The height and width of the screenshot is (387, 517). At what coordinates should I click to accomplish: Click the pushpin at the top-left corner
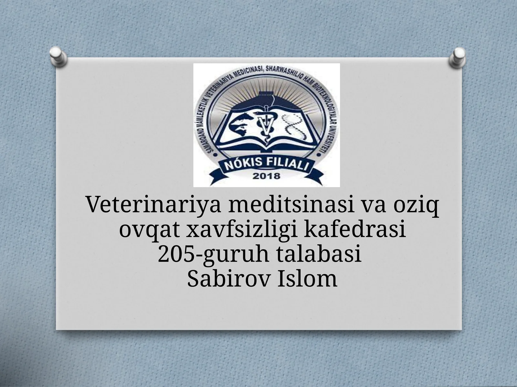(58, 56)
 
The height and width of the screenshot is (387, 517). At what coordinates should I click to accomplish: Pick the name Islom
(308, 278)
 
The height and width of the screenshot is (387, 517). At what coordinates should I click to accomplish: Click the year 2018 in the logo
(266, 176)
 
